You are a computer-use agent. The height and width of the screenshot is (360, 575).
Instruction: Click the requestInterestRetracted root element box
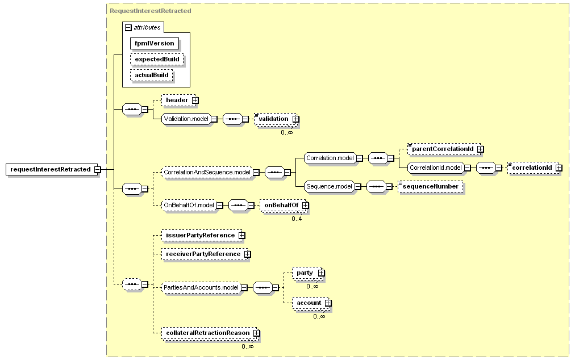pyautogui.click(x=52, y=169)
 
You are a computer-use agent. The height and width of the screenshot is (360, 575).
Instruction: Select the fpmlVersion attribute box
pyautogui.click(x=155, y=43)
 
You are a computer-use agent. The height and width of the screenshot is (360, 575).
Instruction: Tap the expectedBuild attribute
pyautogui.click(x=157, y=60)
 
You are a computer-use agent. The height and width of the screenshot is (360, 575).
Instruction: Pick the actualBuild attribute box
pyautogui.click(x=152, y=75)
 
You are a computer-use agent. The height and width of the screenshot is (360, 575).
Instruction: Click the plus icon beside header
pyautogui.click(x=195, y=100)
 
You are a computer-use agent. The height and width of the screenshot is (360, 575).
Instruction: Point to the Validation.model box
pyautogui.click(x=186, y=119)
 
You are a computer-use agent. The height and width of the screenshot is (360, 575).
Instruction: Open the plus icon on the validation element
pyautogui.click(x=296, y=119)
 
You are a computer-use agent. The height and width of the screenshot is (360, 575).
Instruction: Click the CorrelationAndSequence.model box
pyautogui.click(x=207, y=172)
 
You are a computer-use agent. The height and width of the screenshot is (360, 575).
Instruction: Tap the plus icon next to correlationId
pyautogui.click(x=559, y=168)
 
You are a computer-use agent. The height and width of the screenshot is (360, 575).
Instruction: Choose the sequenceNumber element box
pyautogui.click(x=431, y=187)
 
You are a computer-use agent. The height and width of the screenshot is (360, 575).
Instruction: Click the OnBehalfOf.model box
pyautogui.click(x=189, y=206)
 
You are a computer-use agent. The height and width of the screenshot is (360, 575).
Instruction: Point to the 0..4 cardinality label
pyautogui.click(x=297, y=219)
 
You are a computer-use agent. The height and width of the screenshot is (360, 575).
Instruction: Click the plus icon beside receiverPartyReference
pyautogui.click(x=248, y=254)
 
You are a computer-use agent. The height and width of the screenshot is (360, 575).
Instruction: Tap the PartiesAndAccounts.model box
pyautogui.click(x=201, y=288)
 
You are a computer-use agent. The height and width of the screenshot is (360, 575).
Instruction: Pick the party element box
pyautogui.click(x=307, y=273)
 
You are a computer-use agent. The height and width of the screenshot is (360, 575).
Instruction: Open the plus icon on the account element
pyautogui.click(x=328, y=303)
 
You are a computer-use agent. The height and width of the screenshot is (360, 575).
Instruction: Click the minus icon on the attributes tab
pyautogui.click(x=128, y=27)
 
